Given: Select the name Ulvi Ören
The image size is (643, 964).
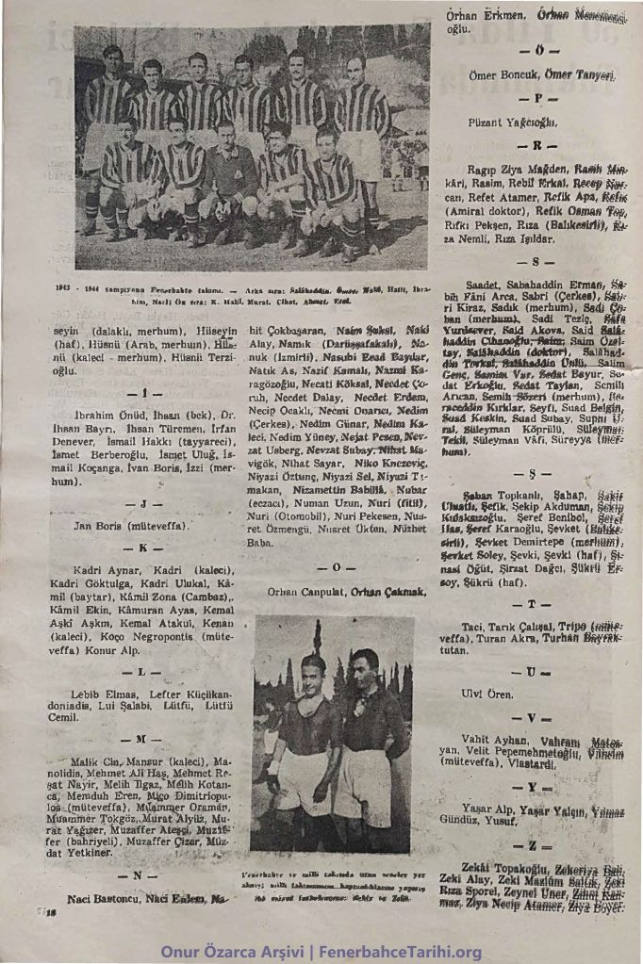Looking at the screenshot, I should [487, 694].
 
